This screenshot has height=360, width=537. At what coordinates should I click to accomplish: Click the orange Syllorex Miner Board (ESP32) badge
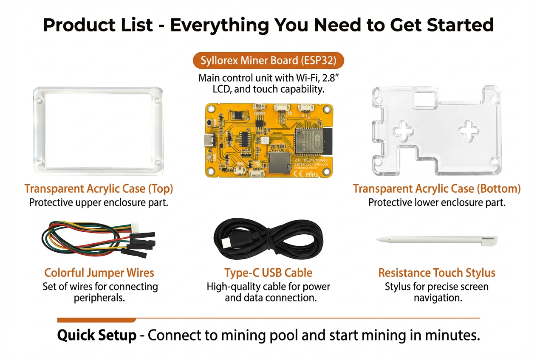click(268, 60)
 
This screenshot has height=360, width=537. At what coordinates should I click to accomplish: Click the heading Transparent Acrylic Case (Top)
click(99, 188)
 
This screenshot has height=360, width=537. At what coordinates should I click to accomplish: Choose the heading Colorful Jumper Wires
click(99, 272)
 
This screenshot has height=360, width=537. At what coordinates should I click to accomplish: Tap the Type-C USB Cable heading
click(268, 272)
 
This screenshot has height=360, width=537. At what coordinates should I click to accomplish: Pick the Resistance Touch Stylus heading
click(437, 272)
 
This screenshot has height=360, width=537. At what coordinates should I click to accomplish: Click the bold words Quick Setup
click(97, 336)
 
